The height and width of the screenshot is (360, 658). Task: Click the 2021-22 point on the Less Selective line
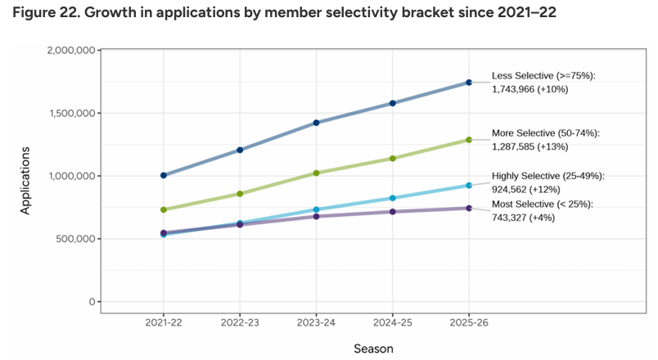coord(164,175)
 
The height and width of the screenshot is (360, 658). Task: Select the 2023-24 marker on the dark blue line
coord(317,123)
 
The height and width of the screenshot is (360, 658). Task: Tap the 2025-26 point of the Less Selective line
coord(469,82)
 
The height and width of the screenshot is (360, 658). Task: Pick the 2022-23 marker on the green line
coord(241,194)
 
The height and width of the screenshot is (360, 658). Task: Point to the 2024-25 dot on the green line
coord(393,158)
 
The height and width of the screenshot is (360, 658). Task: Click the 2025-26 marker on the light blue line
coord(469,186)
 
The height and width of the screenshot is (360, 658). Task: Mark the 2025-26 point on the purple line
coord(469,208)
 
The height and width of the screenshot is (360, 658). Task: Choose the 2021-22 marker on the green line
coord(164,209)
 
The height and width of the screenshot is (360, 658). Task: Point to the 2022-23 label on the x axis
coord(241,323)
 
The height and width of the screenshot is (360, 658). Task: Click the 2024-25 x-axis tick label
coord(393,323)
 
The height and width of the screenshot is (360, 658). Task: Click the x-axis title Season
coord(373,349)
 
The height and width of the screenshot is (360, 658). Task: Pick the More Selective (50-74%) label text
coord(546,133)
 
